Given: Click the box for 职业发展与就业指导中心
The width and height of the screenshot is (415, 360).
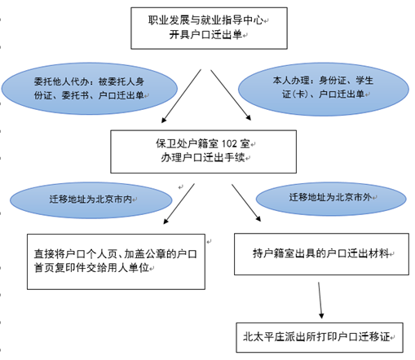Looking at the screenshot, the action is (x=209, y=29).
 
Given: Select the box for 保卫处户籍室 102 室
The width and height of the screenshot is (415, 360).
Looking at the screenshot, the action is (x=203, y=151).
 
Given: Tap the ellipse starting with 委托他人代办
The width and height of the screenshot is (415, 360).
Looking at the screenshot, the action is (x=90, y=89).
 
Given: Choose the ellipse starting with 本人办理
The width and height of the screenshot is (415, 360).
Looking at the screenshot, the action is (x=324, y=89).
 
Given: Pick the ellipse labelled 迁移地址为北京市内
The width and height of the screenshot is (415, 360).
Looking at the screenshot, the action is (x=91, y=200).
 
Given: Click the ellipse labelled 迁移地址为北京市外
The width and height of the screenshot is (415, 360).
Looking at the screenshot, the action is (x=331, y=199).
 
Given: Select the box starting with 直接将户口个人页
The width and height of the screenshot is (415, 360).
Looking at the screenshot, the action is (x=116, y=261).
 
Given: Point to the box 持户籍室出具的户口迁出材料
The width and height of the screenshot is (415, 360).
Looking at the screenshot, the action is (x=321, y=254).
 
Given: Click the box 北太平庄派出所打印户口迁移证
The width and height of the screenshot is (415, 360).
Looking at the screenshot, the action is (x=320, y=337).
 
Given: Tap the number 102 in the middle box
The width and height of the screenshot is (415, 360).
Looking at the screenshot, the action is (x=229, y=143).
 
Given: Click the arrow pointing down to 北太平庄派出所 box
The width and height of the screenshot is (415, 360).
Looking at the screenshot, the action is (x=320, y=301).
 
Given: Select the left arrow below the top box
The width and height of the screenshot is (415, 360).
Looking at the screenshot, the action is (x=181, y=96).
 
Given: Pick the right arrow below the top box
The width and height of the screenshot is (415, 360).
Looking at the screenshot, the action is (x=231, y=95).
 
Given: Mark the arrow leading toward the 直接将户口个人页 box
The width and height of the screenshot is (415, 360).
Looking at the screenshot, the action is (x=179, y=204).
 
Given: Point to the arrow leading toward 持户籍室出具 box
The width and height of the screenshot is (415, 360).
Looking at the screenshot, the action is (x=246, y=203).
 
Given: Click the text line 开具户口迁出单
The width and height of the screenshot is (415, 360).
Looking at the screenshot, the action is (x=205, y=35).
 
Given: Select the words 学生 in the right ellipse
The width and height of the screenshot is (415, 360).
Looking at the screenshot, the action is (x=364, y=81).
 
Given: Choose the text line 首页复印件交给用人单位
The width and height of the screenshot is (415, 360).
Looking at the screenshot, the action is (x=91, y=268).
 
